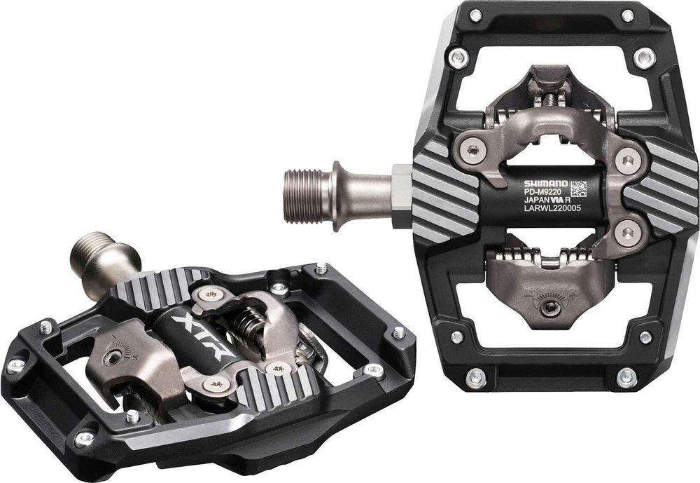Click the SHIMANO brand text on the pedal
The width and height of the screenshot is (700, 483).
545,184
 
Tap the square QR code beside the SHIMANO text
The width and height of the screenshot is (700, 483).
578,189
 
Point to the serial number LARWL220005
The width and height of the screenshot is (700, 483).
552,208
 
